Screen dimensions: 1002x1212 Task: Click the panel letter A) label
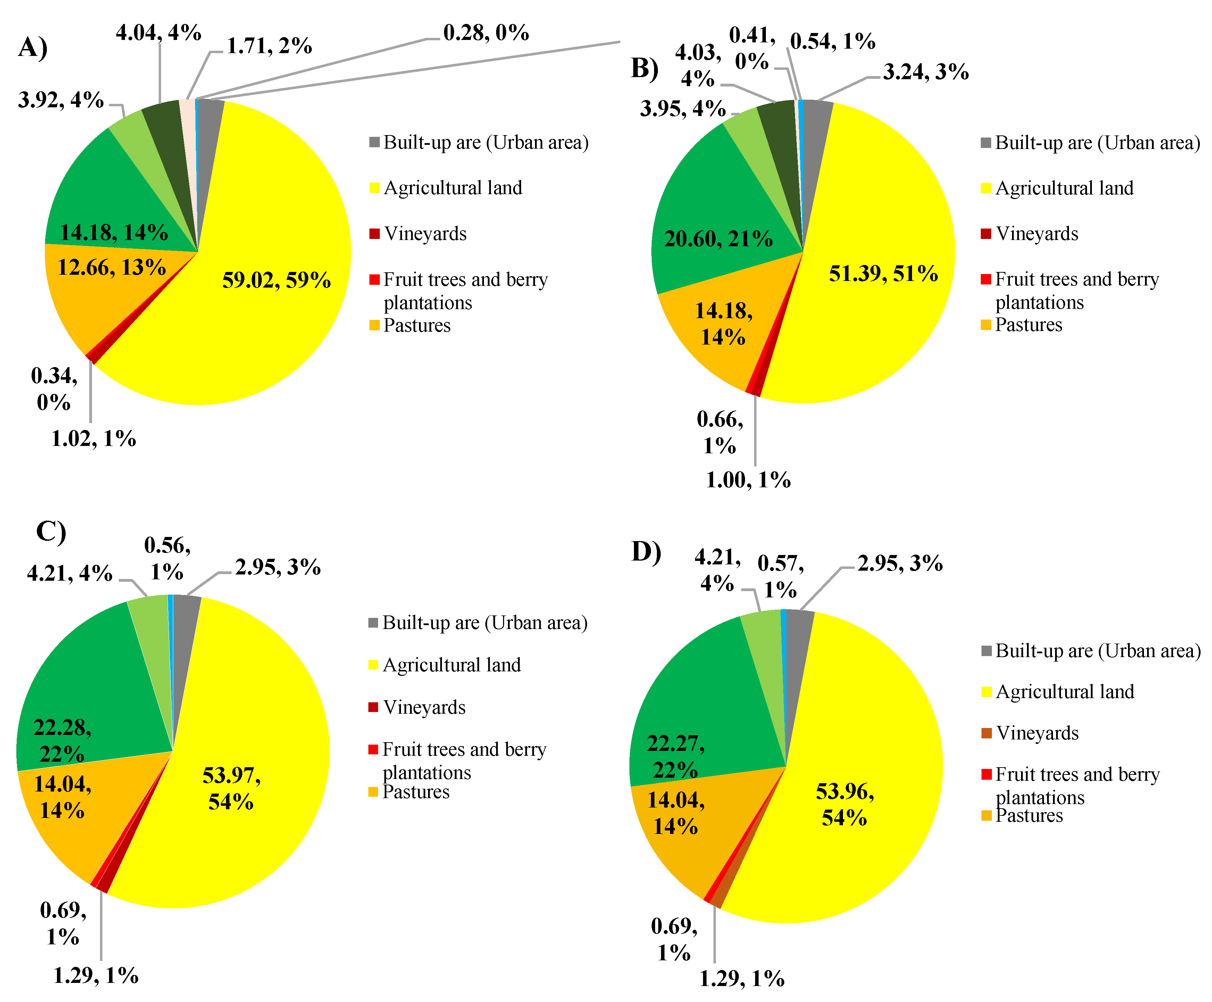coord(33,47)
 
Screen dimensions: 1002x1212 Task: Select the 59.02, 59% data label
coord(276,281)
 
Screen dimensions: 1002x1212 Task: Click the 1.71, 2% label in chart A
coord(269,46)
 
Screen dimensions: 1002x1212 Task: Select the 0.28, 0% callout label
coord(486,33)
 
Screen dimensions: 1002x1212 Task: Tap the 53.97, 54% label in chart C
coord(231,788)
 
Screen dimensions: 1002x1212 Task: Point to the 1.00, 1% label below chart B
coord(748,480)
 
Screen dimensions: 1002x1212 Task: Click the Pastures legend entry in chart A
coord(417,325)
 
